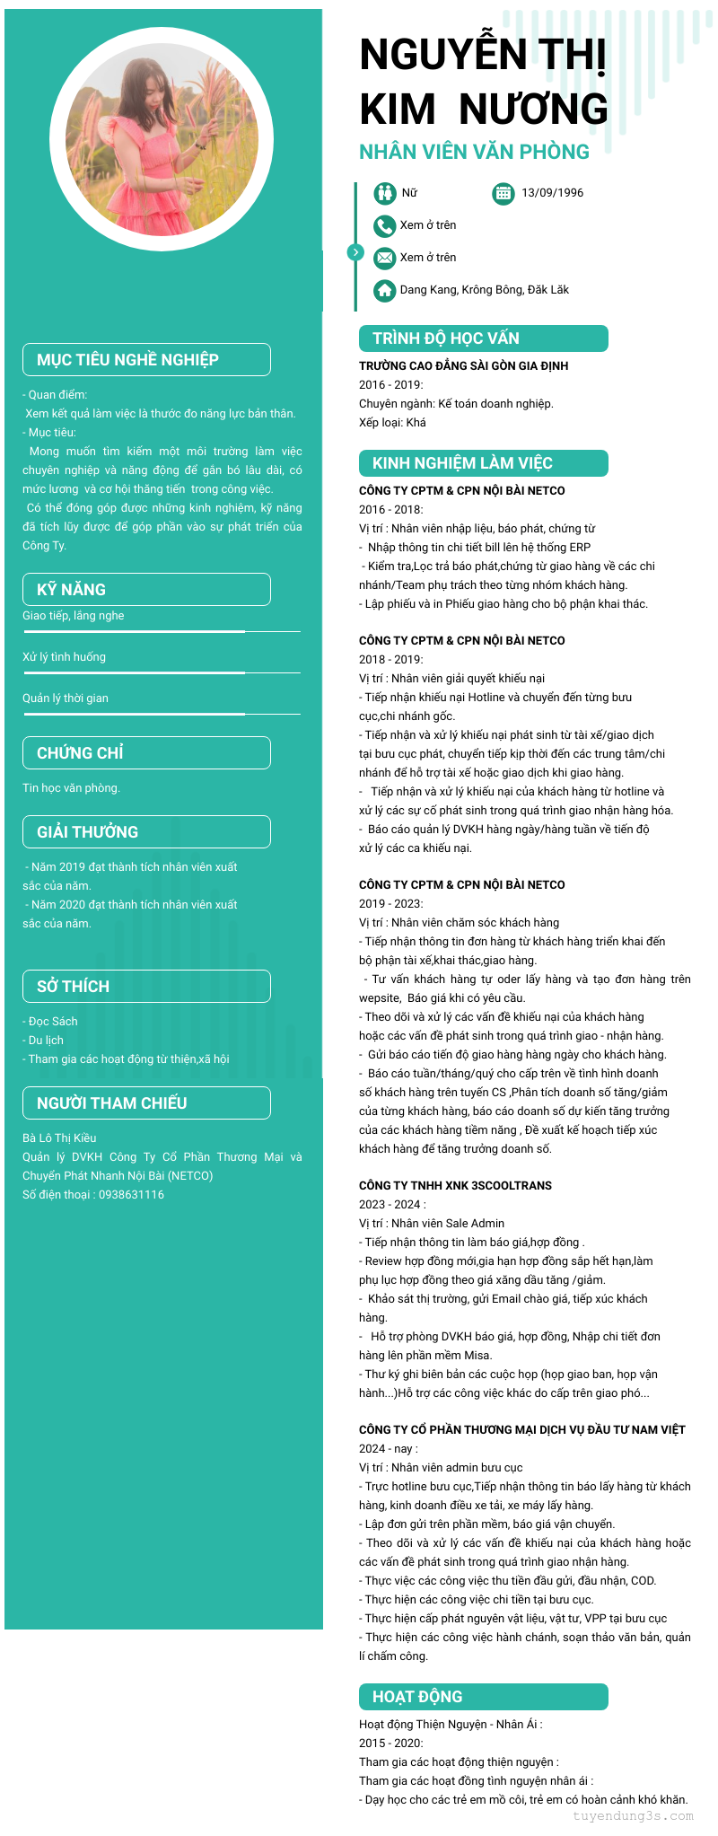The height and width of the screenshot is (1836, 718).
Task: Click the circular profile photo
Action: click(x=162, y=139)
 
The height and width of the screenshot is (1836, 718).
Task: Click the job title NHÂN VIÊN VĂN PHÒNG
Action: click(x=474, y=152)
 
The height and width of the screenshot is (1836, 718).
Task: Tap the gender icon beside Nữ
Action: click(x=385, y=193)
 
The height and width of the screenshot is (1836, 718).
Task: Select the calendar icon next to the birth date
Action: click(x=503, y=193)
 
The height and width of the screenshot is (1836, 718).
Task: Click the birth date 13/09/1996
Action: click(x=552, y=193)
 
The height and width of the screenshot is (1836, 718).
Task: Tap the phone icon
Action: click(x=385, y=225)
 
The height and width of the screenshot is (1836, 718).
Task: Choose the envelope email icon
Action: click(x=385, y=258)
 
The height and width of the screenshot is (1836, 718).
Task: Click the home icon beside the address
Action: click(x=385, y=290)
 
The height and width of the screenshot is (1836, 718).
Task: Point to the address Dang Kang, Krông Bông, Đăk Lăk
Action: click(x=484, y=290)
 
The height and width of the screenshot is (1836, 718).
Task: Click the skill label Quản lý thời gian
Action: click(x=66, y=698)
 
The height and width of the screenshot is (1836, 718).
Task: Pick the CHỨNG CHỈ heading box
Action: click(x=146, y=753)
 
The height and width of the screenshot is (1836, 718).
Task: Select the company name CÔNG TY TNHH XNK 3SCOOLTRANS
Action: click(x=455, y=1186)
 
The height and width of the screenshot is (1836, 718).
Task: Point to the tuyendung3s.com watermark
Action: click(x=633, y=1816)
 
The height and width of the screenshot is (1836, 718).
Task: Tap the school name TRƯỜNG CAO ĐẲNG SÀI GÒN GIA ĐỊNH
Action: click(x=463, y=366)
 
